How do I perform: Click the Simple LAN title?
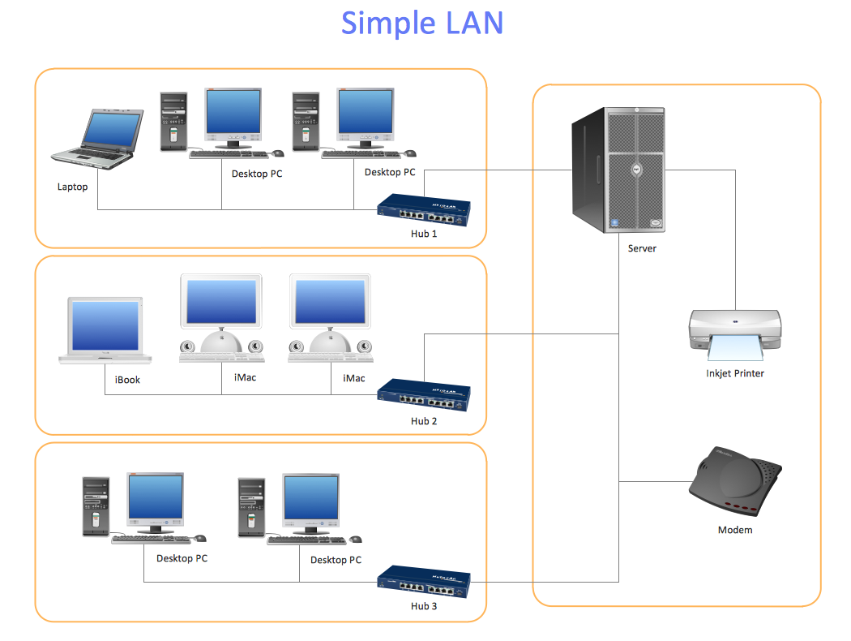tap(422, 23)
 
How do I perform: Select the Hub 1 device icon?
tap(424, 210)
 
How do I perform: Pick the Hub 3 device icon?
tap(424, 583)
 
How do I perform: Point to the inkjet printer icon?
tap(734, 333)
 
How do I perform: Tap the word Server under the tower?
tap(642, 248)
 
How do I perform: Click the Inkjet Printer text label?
tap(735, 373)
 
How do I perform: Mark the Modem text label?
tap(735, 530)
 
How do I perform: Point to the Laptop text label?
tap(72, 187)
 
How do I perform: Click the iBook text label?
tap(127, 379)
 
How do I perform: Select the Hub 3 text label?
tap(424, 606)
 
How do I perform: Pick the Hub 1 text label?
tap(424, 234)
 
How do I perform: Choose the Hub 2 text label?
tap(424, 421)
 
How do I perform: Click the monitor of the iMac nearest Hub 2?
tap(331, 303)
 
